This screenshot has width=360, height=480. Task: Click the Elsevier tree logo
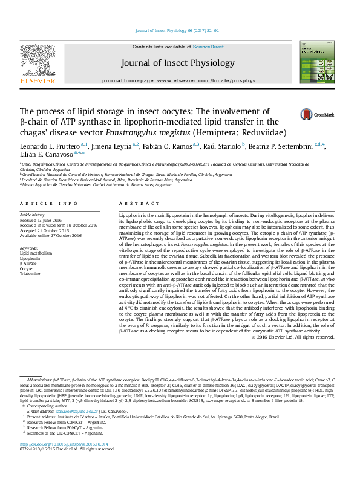30,61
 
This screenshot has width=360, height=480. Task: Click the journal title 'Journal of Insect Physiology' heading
177,63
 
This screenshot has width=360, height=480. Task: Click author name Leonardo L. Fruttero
53,146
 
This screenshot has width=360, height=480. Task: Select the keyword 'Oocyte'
27,268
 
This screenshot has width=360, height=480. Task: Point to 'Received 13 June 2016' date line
42,220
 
